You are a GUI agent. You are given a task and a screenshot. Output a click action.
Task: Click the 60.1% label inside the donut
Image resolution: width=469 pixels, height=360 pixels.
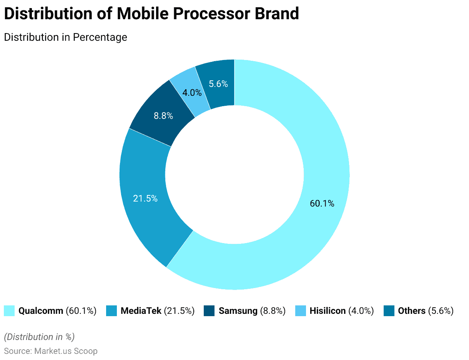(322, 203)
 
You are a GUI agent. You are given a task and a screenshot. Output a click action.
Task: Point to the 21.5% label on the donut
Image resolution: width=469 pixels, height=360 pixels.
(145, 198)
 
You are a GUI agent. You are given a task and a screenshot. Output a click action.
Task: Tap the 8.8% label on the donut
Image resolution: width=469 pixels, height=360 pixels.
(163, 115)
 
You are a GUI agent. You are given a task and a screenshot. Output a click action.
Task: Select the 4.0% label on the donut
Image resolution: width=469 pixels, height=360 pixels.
(192, 93)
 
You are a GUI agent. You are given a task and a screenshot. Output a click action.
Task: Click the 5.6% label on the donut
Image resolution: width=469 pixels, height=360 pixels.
(218, 83)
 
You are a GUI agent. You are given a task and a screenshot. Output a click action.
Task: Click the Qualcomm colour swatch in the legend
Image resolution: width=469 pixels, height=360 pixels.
(9, 311)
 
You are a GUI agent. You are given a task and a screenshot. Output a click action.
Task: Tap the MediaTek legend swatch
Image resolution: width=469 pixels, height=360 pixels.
(111, 311)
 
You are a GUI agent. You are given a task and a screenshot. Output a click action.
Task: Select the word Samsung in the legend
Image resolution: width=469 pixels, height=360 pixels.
(238, 311)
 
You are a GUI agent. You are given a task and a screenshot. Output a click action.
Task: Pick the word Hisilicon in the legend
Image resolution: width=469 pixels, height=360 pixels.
(328, 311)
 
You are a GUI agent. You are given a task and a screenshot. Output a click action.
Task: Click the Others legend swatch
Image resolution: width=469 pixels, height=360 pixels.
(389, 311)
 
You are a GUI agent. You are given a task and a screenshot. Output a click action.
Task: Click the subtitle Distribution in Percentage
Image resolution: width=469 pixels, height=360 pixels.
(65, 37)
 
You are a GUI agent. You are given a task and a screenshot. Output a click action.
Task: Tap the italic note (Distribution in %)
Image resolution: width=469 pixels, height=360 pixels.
(39, 337)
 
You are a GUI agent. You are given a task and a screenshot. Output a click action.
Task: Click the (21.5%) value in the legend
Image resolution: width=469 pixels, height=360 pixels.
(179, 311)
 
